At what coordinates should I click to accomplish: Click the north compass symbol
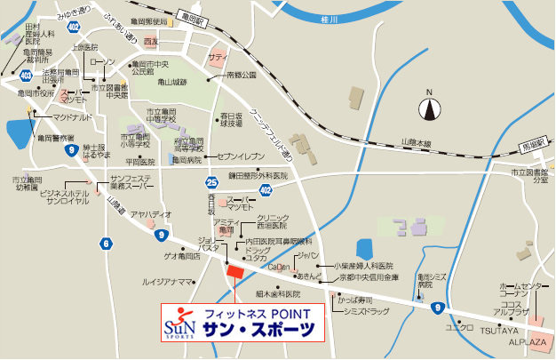[x=431, y=108]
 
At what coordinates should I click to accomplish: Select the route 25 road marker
[x=212, y=181]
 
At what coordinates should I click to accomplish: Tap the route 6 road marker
[x=107, y=244]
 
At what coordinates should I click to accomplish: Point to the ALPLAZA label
[x=528, y=340]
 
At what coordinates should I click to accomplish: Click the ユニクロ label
[x=458, y=326]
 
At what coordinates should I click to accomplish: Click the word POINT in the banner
[x=290, y=314]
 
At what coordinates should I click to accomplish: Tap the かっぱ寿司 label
[x=353, y=300]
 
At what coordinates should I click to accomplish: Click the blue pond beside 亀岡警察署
[x=19, y=134]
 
